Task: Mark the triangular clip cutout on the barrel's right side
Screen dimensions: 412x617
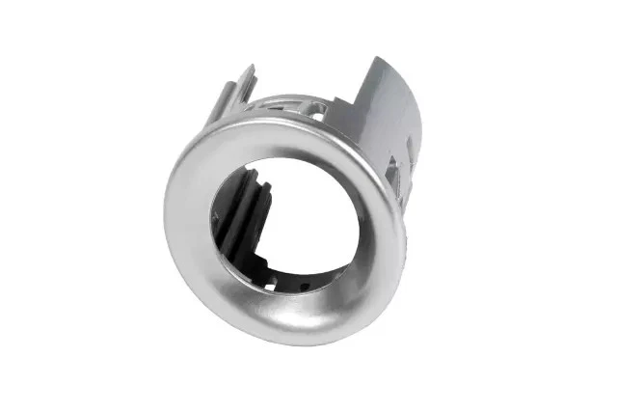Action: click(396, 174)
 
